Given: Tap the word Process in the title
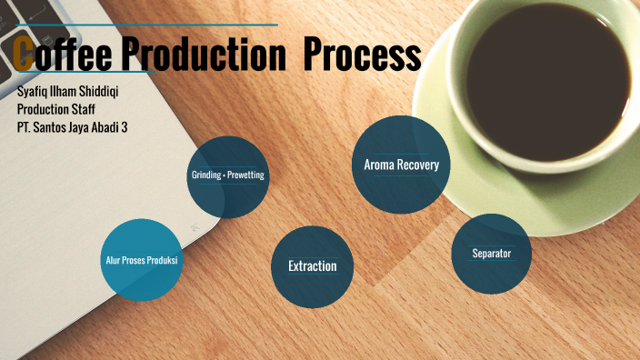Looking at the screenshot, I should click(361, 55).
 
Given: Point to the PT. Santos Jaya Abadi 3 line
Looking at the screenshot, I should click(72, 127).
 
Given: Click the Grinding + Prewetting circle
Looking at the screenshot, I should click(227, 176).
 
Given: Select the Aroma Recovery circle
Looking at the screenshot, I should click(401, 165).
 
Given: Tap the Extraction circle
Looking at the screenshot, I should click(312, 265).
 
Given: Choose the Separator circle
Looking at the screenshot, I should click(491, 253).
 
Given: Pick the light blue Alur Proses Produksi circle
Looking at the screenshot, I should click(140, 260).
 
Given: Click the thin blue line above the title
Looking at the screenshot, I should click(145, 25).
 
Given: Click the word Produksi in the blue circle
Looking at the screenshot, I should click(160, 261).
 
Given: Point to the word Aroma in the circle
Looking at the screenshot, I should click(378, 165).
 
